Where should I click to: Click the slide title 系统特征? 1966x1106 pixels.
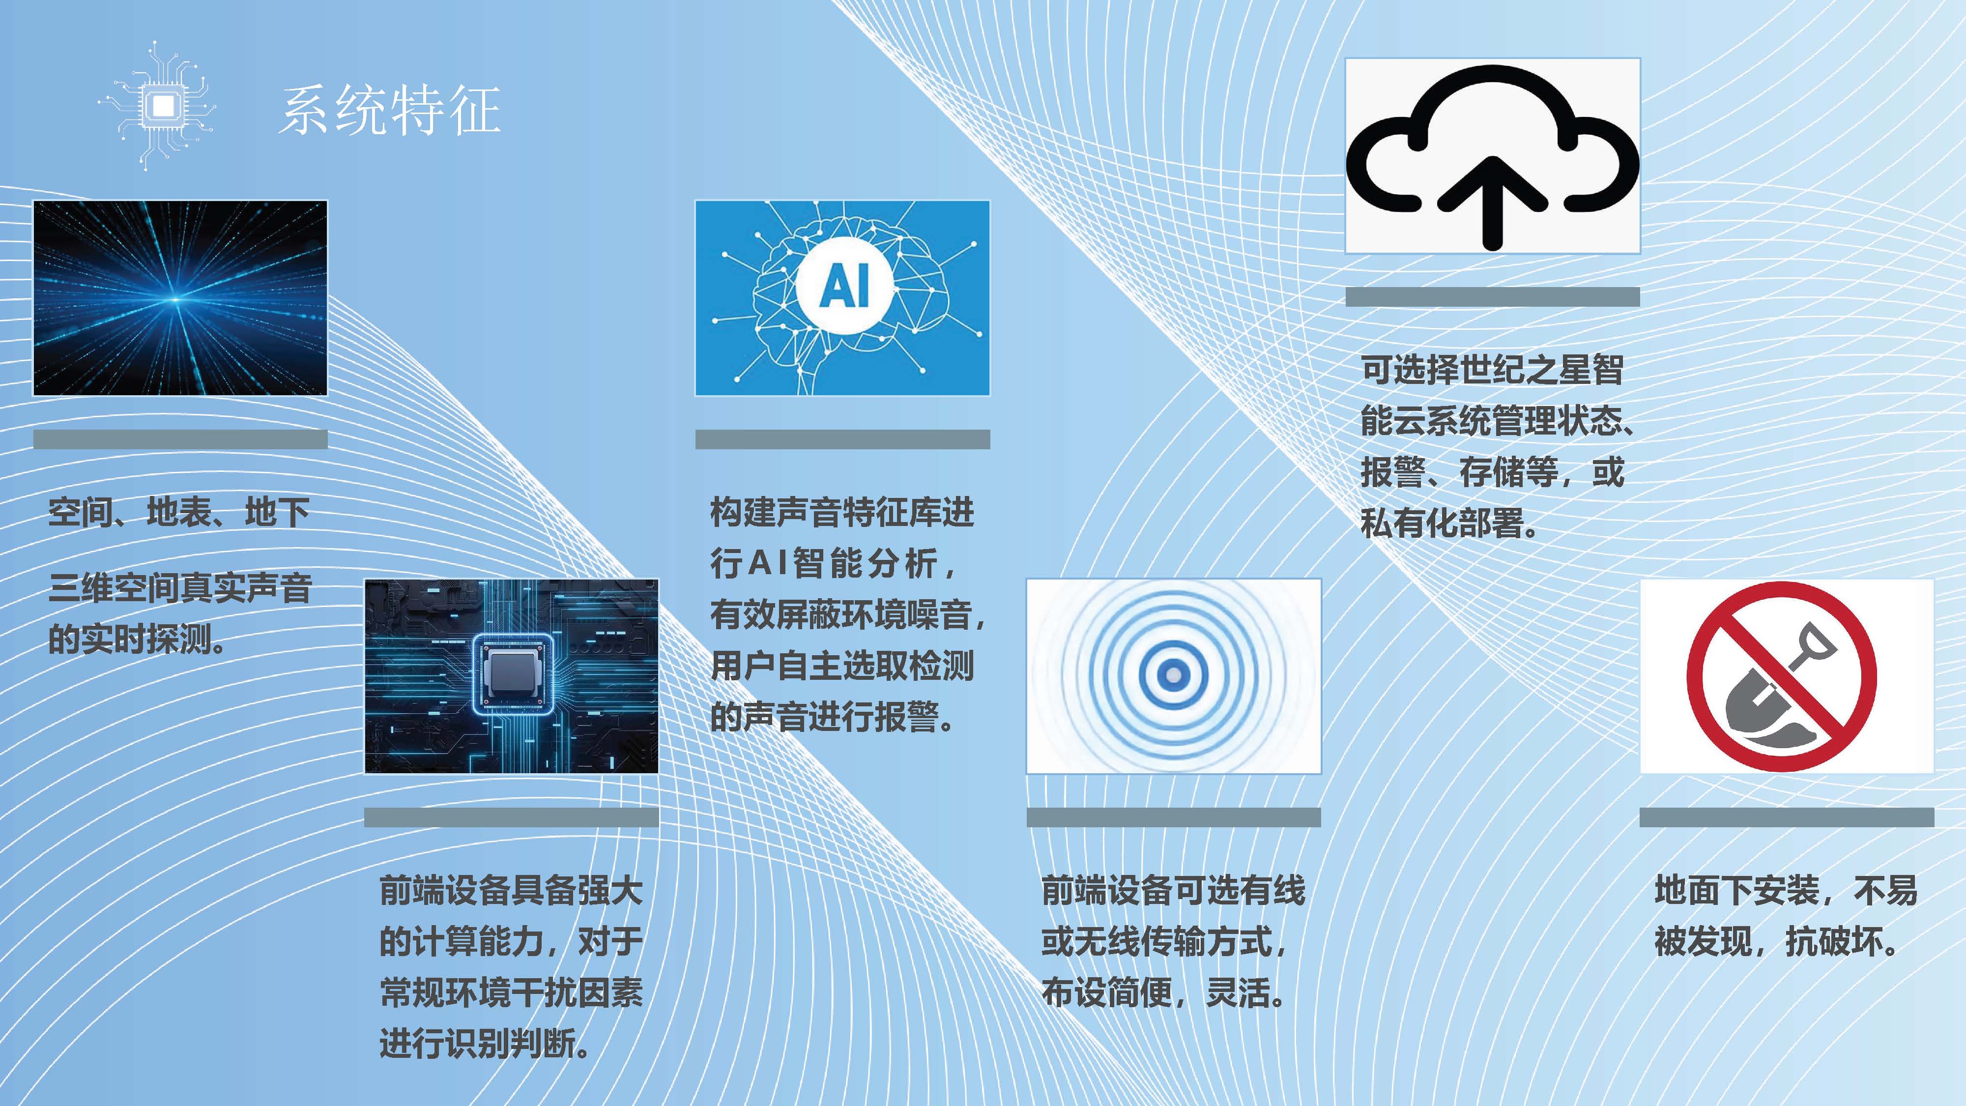pos(390,111)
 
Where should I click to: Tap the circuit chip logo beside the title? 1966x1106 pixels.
pos(160,105)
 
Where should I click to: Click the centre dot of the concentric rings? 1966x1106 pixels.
pos(1174,675)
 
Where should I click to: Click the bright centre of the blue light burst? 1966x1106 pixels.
pos(175,299)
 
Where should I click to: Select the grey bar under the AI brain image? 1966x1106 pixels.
pos(842,439)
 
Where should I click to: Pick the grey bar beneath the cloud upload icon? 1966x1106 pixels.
pos(1492,297)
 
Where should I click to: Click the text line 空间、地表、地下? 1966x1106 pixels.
pos(178,512)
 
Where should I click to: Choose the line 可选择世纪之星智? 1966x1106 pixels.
pos(1492,370)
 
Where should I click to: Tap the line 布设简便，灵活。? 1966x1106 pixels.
pos(1165,993)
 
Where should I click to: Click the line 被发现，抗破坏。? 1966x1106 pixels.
pos(1777,942)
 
